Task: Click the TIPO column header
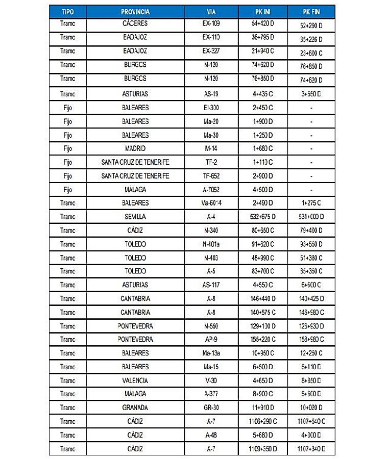click(67, 11)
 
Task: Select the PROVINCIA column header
click(135, 11)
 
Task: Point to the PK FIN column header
click(311, 11)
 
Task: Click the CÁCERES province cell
click(135, 23)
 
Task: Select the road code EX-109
click(211, 23)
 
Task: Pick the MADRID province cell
click(135, 148)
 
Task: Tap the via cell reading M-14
click(211, 148)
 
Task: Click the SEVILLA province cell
click(135, 217)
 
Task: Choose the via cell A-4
click(211, 217)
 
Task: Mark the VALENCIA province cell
click(135, 380)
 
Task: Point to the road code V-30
click(211, 380)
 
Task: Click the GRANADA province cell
click(135, 407)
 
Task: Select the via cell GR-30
click(211, 407)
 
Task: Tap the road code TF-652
click(211, 176)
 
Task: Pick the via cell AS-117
click(211, 285)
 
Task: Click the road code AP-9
click(211, 339)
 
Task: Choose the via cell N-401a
click(211, 244)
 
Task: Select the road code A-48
click(211, 435)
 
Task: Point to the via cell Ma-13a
click(211, 353)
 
